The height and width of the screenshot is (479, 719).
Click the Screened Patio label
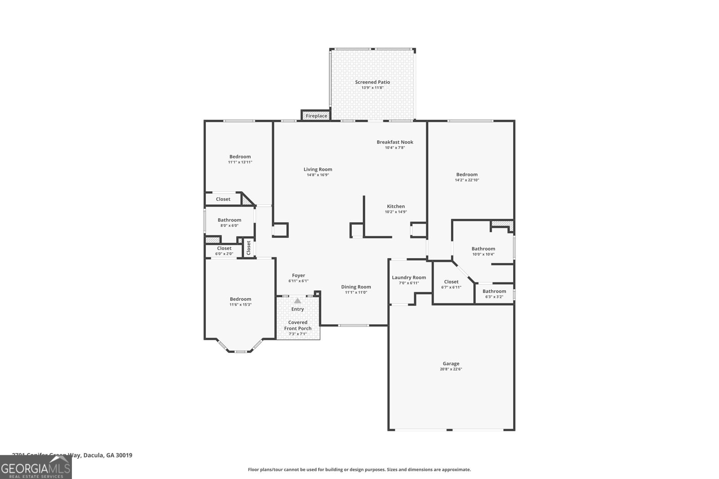point(372,82)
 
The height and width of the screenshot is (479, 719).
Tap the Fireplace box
point(316,116)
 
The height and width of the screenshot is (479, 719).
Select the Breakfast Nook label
point(395,142)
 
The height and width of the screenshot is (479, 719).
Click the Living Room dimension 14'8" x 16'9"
point(318,175)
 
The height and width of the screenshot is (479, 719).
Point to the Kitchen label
point(395,207)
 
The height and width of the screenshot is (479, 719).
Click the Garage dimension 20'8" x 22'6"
point(451,369)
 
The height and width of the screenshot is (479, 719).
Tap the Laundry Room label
point(408,277)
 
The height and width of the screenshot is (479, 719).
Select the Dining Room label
point(356,287)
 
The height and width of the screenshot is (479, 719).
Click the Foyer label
point(298,276)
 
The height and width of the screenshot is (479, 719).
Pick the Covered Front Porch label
point(297,325)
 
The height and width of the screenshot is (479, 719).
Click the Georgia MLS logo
point(36,467)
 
